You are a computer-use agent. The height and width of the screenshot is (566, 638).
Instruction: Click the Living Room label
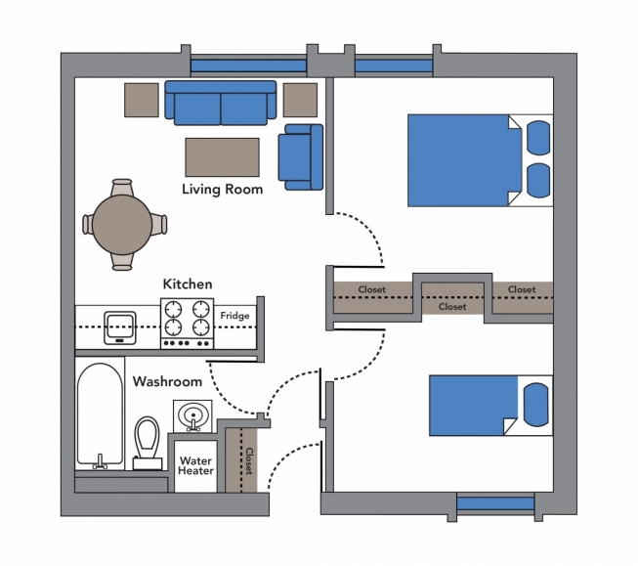[x=222, y=190]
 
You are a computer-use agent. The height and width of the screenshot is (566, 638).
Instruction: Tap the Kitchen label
[x=188, y=283]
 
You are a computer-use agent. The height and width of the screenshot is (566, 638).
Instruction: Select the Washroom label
[x=167, y=381]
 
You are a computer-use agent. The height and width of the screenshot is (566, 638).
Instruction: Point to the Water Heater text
[x=195, y=466]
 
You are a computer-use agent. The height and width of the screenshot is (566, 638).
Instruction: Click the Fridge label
[x=234, y=316]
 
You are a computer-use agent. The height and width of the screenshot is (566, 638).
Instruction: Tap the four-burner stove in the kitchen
[x=188, y=324]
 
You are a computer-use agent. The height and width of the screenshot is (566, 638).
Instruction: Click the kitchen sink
[x=120, y=327]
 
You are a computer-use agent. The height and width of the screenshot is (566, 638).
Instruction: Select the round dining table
[x=122, y=225]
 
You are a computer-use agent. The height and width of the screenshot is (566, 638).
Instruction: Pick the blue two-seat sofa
[x=221, y=103]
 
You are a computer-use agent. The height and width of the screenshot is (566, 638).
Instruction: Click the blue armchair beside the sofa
[x=301, y=157]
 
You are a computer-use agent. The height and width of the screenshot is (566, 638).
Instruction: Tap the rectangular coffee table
[x=222, y=157]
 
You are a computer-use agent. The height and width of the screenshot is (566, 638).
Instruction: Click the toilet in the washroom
[x=148, y=443]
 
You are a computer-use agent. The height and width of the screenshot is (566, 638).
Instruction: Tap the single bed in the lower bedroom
[x=490, y=406]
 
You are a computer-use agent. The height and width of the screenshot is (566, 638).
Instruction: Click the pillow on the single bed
[x=535, y=405]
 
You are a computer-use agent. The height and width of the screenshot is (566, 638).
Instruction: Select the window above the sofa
[x=248, y=65]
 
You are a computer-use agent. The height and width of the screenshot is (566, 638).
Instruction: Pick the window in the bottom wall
[x=495, y=503]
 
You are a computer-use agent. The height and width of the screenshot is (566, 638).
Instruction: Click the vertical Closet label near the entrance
[x=249, y=461]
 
